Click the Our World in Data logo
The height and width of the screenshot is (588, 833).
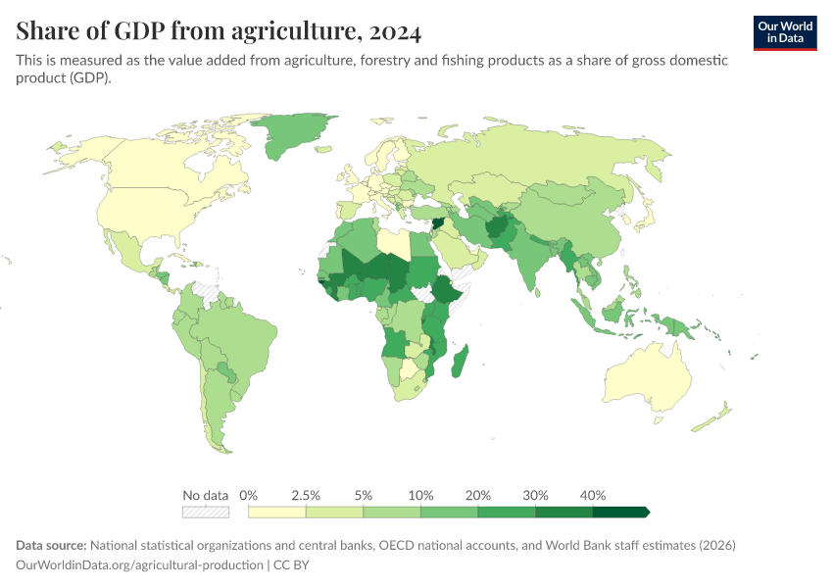(x=784, y=32)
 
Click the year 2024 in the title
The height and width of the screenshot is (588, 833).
(x=395, y=32)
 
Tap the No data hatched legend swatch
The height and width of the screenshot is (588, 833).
(x=205, y=512)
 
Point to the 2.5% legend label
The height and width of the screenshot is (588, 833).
(x=306, y=495)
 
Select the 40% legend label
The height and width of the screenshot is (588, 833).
(x=593, y=495)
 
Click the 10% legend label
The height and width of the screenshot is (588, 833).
(x=420, y=495)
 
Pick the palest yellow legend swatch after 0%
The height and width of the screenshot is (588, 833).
(x=277, y=512)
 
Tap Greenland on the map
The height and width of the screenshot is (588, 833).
(x=294, y=137)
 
